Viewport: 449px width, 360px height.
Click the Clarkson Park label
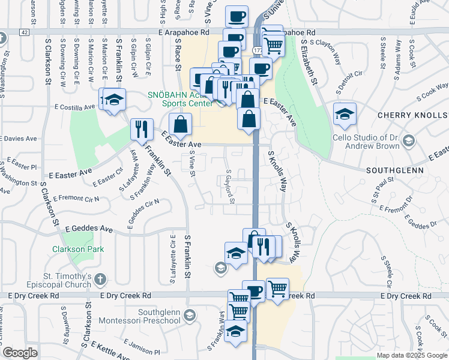[x=77, y=249]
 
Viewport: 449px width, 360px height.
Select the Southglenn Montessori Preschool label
[x=159, y=316]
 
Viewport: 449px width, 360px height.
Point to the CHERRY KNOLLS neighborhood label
[x=411, y=115]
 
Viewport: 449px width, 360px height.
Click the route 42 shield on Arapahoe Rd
[x=23, y=31]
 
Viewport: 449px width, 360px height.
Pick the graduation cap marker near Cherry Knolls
[x=345, y=114]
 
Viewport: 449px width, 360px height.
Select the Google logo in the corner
[x=20, y=353]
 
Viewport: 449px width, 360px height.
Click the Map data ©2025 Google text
[x=411, y=355]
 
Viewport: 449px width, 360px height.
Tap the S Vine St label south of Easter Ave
[x=192, y=164]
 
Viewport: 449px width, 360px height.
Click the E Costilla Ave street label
[x=74, y=107]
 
